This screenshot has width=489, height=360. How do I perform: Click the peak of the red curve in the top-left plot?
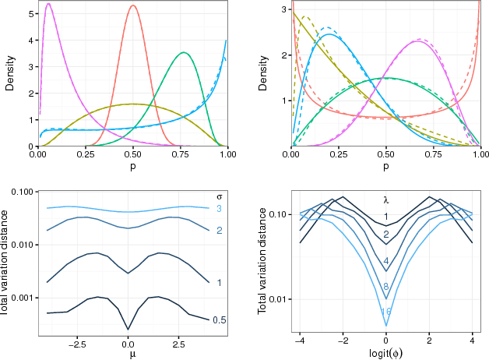point(133,6)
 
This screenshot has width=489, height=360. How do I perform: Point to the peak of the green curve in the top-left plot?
point(183,53)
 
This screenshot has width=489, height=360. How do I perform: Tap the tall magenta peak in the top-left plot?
point(48,5)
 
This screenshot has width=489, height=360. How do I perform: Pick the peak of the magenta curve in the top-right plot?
point(420,41)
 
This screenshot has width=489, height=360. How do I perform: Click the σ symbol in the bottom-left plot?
point(219,196)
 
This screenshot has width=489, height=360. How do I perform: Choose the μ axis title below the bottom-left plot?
point(128,353)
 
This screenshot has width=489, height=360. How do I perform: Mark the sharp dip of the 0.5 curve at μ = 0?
point(128,329)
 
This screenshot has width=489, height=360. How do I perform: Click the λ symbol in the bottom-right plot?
point(385,199)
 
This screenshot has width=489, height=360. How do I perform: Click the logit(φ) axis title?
point(386,353)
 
